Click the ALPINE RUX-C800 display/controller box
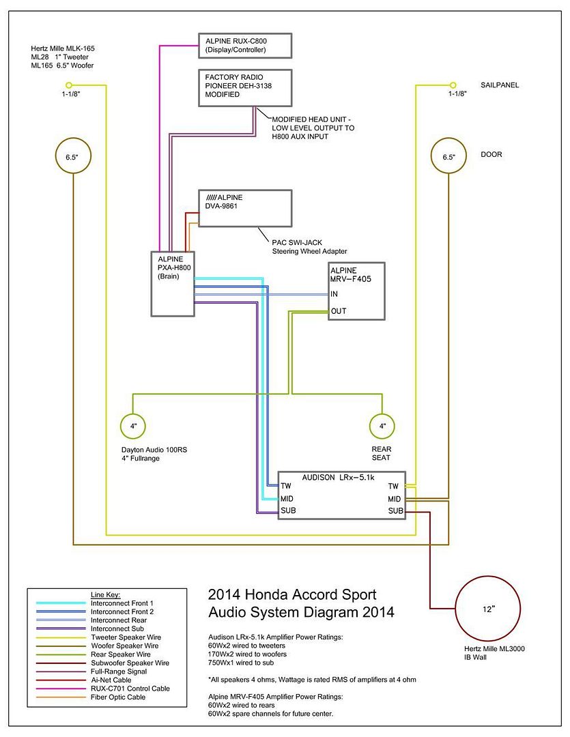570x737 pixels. [x=245, y=46]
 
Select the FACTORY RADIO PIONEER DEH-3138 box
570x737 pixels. [x=245, y=87]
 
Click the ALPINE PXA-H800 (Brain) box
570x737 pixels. [x=172, y=284]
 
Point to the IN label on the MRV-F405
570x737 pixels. [x=334, y=294]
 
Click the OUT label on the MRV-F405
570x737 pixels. [x=338, y=311]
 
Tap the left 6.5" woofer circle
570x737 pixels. [x=72, y=157]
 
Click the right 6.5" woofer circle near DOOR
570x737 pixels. [x=448, y=157]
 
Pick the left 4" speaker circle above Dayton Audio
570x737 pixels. [x=133, y=427]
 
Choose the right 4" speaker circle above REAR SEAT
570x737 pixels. [x=382, y=427]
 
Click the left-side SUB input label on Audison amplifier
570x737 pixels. [x=288, y=510]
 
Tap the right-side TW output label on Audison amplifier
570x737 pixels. [x=393, y=487]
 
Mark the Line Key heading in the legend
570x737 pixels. [x=105, y=595]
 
